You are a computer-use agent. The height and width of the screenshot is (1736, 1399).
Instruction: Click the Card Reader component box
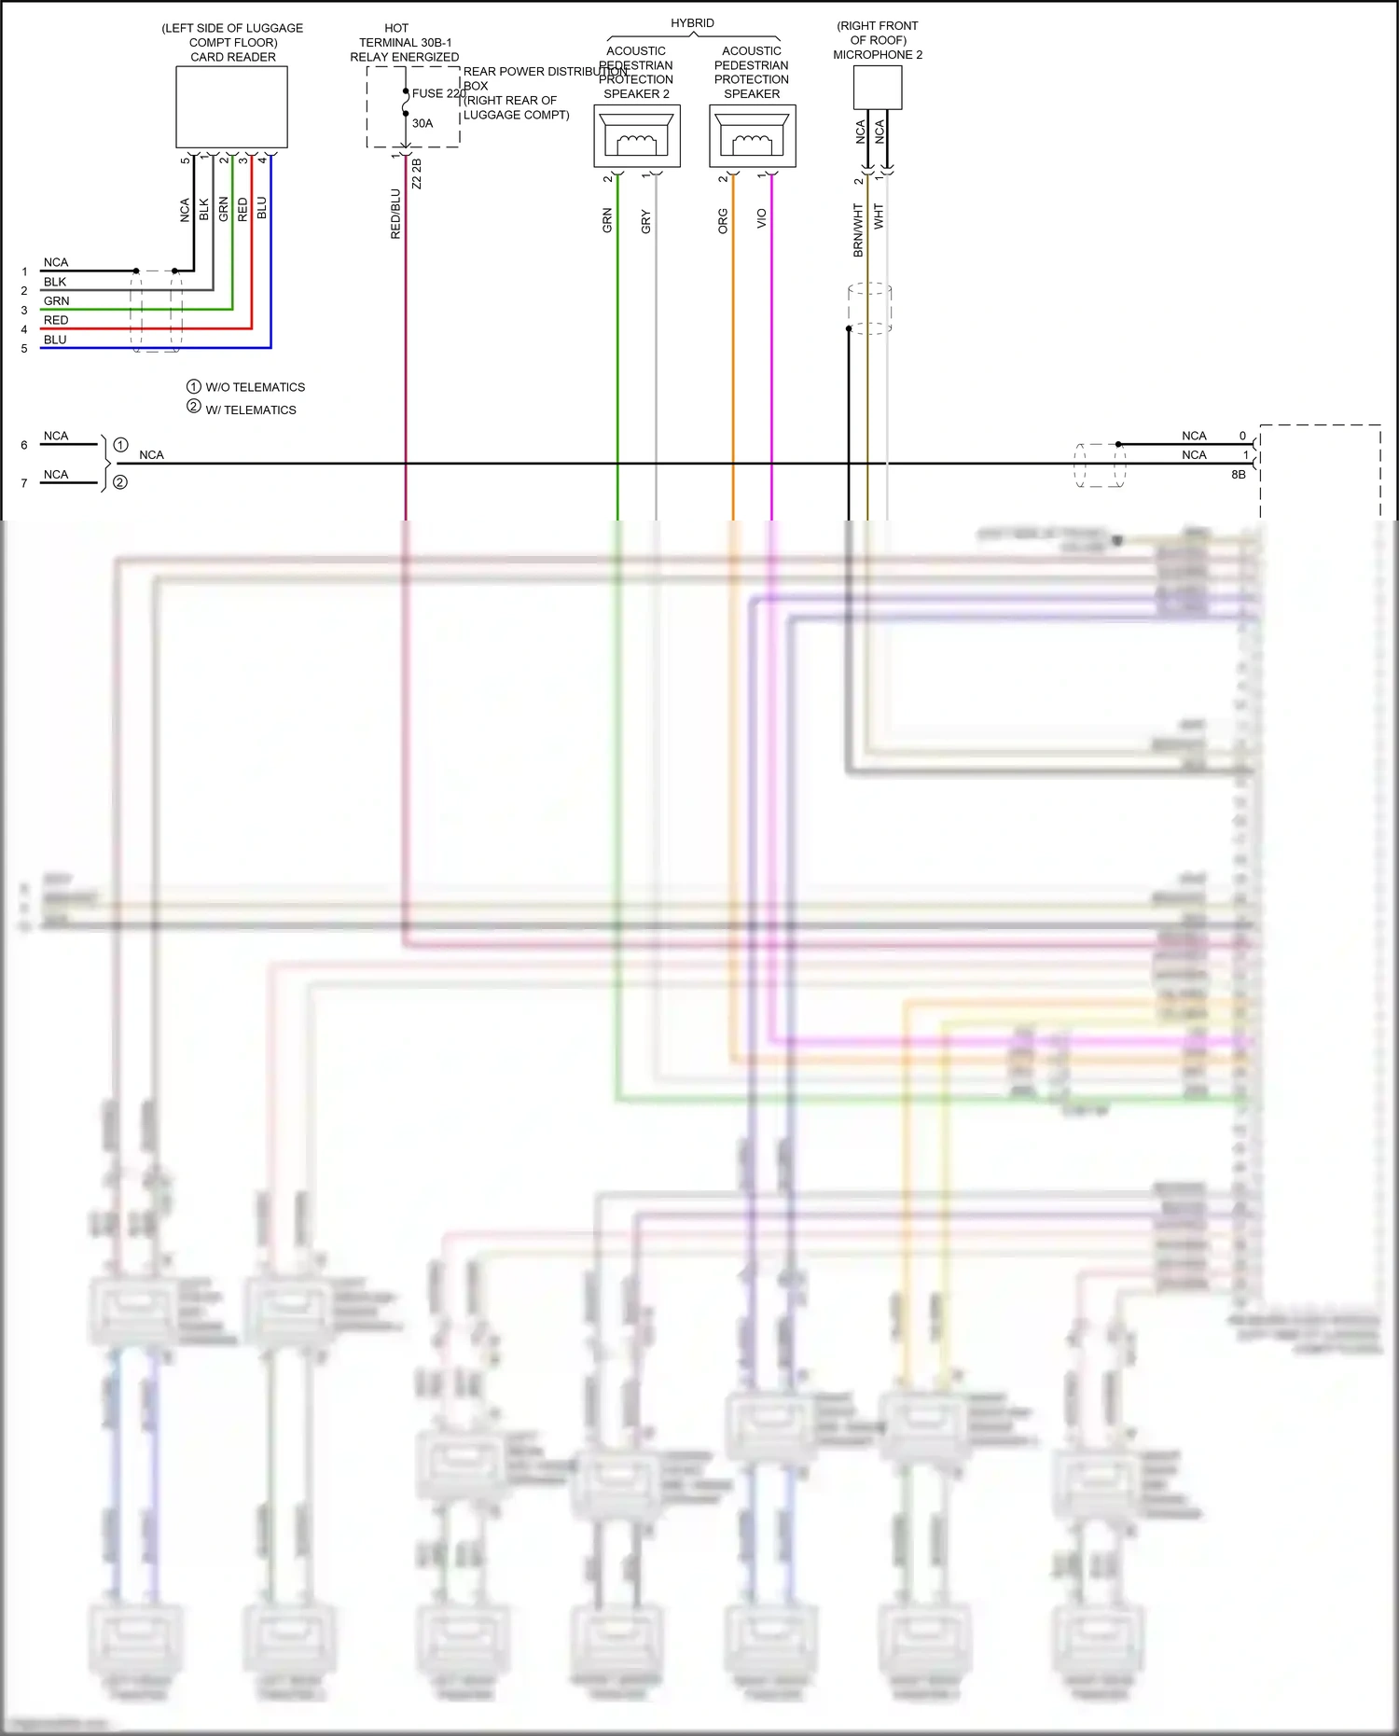coord(231,107)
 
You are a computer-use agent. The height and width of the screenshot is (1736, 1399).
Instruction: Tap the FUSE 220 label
coord(438,93)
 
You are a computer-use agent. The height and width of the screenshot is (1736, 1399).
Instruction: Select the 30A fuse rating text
coord(422,123)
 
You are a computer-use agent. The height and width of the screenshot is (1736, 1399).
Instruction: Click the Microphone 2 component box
coord(877,88)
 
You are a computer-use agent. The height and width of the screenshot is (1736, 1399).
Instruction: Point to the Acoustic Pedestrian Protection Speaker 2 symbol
coord(637,136)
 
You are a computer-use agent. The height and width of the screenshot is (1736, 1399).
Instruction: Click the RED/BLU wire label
coord(395,215)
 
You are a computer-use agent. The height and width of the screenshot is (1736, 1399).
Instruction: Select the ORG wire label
coord(723,221)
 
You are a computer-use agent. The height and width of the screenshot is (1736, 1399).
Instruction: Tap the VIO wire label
coord(761,218)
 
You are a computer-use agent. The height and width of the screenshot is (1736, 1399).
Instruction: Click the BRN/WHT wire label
coord(858,230)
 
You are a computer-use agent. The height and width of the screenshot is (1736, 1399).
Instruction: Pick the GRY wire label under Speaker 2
coord(645,222)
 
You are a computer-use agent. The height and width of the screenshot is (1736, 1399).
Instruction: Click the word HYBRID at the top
coord(692,22)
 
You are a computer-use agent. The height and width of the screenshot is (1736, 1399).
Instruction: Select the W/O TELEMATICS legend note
coord(255,387)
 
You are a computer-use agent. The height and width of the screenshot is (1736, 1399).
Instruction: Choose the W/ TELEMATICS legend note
coord(250,410)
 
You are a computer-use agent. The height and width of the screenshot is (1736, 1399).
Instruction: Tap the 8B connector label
coord(1238,475)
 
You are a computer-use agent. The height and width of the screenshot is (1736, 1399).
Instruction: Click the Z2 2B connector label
coord(417,174)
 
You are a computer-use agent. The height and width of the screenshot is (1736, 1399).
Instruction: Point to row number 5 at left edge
coord(24,349)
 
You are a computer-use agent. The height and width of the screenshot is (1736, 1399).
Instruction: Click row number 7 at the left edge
coord(24,483)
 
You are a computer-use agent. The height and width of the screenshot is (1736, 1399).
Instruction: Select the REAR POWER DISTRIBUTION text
coord(545,72)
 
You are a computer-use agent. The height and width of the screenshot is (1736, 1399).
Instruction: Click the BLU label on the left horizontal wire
coord(55,340)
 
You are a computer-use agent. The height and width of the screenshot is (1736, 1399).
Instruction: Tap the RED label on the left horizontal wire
coord(56,320)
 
